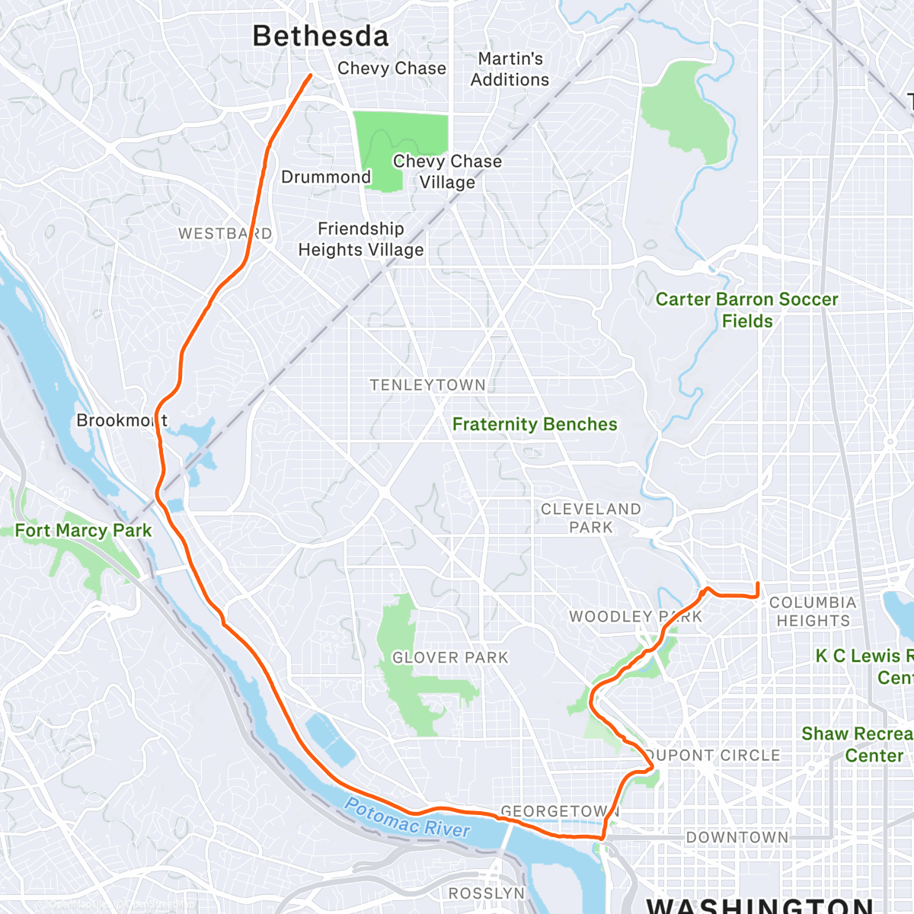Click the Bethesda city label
(x=320, y=36)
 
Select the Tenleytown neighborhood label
(x=427, y=385)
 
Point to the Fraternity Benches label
(x=535, y=424)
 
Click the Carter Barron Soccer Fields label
(x=746, y=310)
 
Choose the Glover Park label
(x=449, y=657)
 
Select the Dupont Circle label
(x=713, y=756)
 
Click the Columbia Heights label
(x=813, y=612)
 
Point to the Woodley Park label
(x=635, y=616)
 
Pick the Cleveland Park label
(x=591, y=518)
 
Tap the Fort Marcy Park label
(x=83, y=530)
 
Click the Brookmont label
(x=122, y=420)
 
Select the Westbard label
(x=225, y=234)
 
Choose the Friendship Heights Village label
(x=360, y=239)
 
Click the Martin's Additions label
(x=510, y=69)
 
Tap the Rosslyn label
(x=487, y=893)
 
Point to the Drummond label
(x=326, y=177)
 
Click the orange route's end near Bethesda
(x=310, y=75)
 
